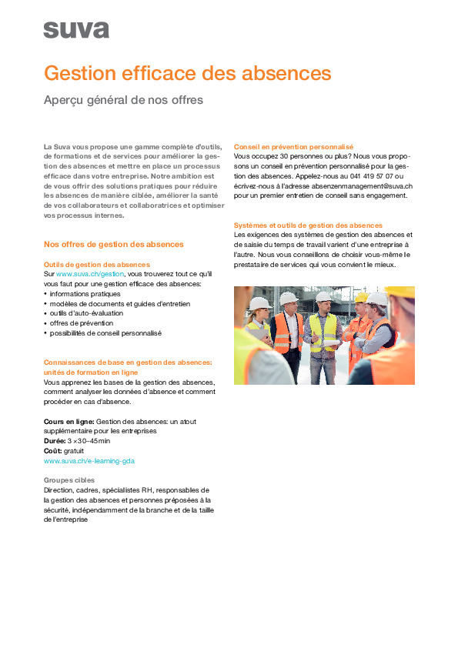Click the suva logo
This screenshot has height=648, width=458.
[x=75, y=30]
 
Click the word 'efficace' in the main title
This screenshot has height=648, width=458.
[x=162, y=74]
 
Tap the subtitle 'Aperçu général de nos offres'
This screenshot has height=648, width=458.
[x=123, y=100]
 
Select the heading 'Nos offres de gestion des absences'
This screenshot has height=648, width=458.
[x=114, y=244]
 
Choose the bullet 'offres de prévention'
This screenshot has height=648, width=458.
[x=82, y=323]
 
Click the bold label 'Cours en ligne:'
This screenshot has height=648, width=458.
[x=69, y=421]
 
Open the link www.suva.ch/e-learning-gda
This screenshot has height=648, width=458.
[x=89, y=461]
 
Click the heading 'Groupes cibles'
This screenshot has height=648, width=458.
[x=69, y=479]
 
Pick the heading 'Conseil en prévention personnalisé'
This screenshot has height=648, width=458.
[x=293, y=145]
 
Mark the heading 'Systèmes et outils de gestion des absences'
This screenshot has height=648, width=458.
[x=308, y=225]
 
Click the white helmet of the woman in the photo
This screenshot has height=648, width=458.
[x=260, y=304]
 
